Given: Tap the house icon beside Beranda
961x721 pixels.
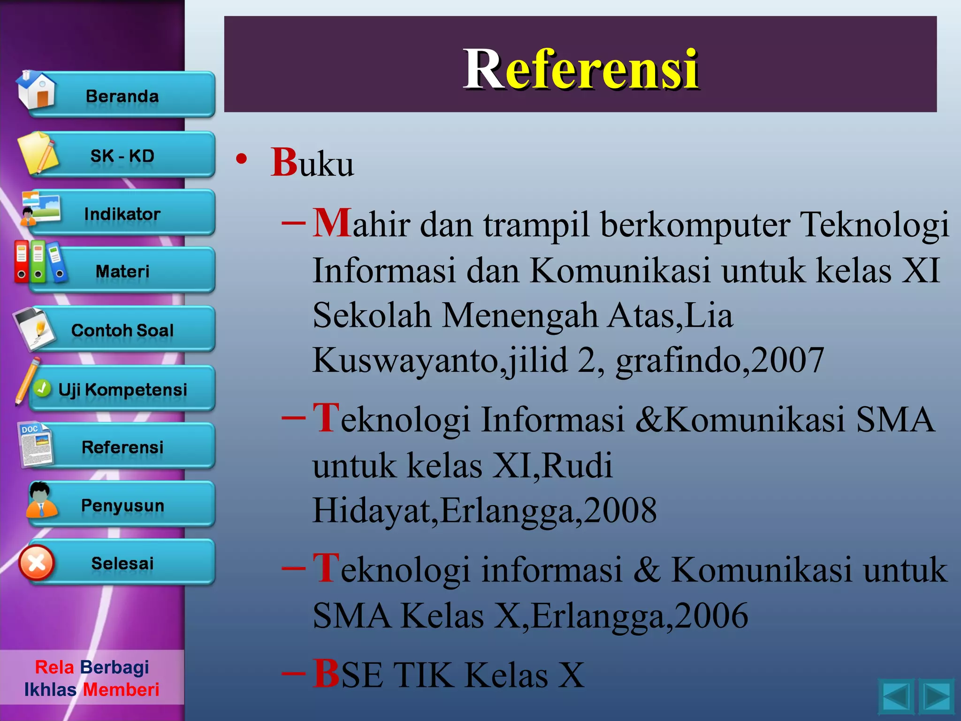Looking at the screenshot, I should click(36, 90).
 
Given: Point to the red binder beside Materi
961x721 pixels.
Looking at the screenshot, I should click(22, 261).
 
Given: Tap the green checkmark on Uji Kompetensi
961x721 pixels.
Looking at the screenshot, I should click(43, 388).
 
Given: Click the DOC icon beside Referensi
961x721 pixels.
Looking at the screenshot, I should click(36, 444).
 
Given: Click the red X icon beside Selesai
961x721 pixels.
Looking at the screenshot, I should click(37, 562).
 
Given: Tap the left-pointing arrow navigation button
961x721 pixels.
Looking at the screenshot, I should click(896, 697).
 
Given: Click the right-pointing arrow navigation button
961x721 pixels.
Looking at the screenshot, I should click(937, 697).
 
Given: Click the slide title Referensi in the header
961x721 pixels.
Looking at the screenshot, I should click(580, 69).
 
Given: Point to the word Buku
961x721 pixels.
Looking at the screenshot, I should click(312, 163).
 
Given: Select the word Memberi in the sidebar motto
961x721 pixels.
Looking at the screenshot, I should click(121, 690).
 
